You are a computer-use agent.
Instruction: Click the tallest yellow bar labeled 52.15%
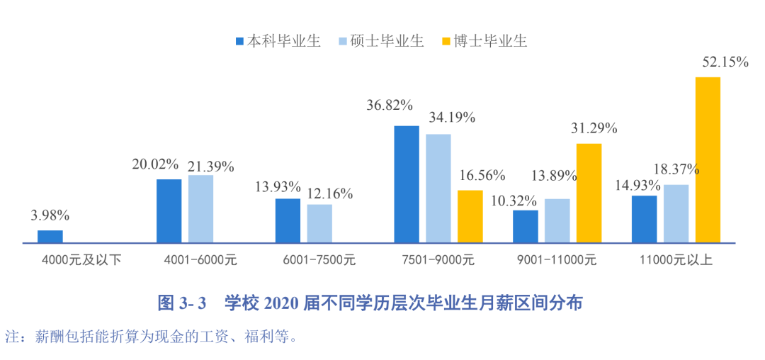click(x=708, y=159)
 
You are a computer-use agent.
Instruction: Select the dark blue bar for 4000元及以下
click(x=50, y=237)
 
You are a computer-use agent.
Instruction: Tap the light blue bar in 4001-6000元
click(x=200, y=209)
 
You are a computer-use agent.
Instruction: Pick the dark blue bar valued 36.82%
click(x=407, y=184)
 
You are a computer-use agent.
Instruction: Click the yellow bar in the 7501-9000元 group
click(x=470, y=216)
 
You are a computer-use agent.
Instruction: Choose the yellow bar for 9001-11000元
click(x=589, y=193)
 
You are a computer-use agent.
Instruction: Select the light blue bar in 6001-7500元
click(x=319, y=223)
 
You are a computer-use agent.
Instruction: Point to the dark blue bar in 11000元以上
click(x=644, y=219)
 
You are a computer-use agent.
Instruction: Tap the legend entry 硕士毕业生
click(x=386, y=40)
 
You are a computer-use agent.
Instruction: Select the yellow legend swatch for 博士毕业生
click(x=446, y=40)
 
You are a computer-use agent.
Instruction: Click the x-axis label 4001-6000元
click(x=200, y=259)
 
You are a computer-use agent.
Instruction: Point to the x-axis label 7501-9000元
click(x=438, y=259)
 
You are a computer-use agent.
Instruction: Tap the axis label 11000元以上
click(x=676, y=259)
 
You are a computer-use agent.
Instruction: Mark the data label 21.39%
click(x=210, y=167)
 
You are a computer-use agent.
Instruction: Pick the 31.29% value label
click(x=594, y=128)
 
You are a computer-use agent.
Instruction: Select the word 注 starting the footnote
click(x=11, y=335)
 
